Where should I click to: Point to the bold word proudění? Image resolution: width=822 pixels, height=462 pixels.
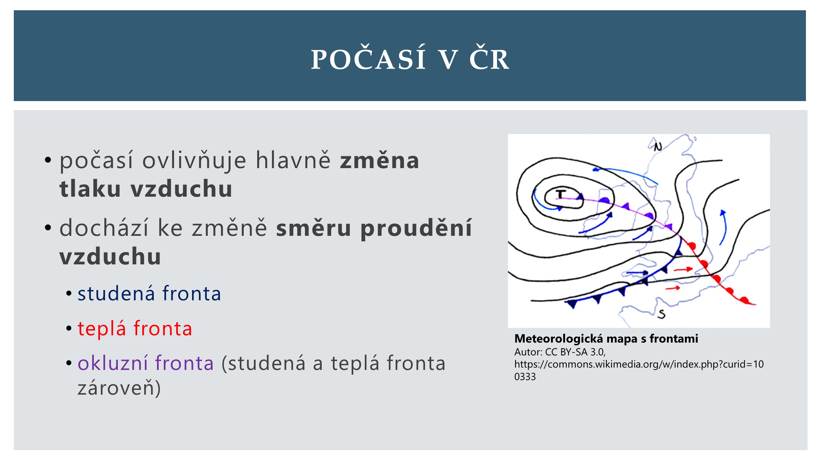(x=416, y=228)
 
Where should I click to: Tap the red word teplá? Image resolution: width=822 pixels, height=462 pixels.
(x=102, y=329)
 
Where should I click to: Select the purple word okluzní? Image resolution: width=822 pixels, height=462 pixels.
(x=114, y=363)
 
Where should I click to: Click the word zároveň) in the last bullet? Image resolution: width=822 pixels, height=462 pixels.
(x=119, y=388)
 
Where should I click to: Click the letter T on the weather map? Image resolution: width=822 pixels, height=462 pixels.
(x=561, y=194)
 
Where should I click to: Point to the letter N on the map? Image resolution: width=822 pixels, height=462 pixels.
(x=658, y=147)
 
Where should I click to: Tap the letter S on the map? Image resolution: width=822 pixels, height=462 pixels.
(x=661, y=314)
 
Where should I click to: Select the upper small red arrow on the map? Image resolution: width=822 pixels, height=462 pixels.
(x=683, y=269)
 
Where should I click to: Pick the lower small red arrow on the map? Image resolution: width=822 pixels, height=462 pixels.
(x=673, y=288)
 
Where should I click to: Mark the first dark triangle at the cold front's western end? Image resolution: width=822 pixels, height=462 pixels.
(x=572, y=304)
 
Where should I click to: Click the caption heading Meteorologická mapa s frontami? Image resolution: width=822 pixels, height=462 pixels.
(x=606, y=339)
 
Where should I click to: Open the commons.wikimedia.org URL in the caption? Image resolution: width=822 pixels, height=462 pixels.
(x=639, y=370)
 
